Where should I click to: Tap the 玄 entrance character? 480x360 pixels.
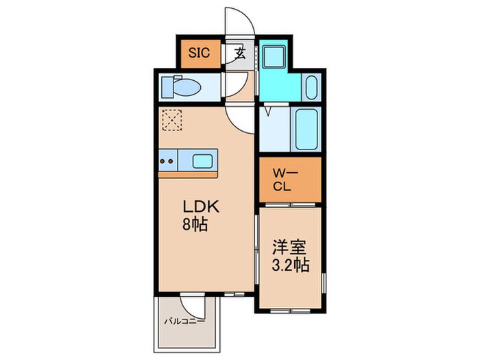[241, 53]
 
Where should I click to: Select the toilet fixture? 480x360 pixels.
[184, 87]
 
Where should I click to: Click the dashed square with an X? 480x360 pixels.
[171, 120]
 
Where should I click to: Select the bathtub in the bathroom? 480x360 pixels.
[306, 128]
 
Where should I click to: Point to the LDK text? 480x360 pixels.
[197, 206]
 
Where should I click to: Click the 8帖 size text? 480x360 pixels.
[195, 224]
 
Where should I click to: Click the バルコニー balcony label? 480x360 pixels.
[184, 320]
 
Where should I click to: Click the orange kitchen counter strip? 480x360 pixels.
[188, 173]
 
